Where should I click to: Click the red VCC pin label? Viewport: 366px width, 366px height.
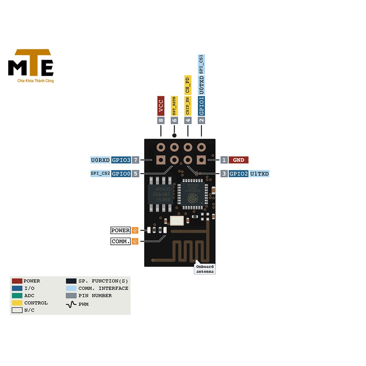(x=161, y=106)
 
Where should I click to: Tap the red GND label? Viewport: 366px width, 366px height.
(x=238, y=160)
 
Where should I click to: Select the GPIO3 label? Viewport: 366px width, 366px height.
(x=121, y=160)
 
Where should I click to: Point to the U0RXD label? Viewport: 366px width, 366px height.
(x=100, y=160)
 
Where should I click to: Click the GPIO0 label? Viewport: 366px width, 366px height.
(x=121, y=174)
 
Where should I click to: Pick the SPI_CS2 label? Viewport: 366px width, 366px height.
(x=100, y=174)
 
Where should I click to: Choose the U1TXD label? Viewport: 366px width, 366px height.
(x=259, y=174)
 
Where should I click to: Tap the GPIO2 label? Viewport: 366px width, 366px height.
(x=238, y=174)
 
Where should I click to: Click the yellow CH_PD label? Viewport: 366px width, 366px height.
(x=188, y=85)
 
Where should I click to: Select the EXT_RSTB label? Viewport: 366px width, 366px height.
(x=174, y=106)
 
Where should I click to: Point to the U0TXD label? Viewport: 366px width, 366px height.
(x=202, y=85)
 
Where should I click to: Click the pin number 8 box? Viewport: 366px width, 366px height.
(x=161, y=120)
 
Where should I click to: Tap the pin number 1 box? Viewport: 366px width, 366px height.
(x=224, y=160)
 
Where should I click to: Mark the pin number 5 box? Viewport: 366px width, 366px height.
(x=135, y=174)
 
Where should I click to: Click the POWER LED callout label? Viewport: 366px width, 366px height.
(x=120, y=231)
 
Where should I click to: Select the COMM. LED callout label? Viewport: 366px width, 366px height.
(x=120, y=242)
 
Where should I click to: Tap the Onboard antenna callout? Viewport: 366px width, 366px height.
(x=205, y=269)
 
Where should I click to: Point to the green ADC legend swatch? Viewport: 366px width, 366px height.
(x=17, y=296)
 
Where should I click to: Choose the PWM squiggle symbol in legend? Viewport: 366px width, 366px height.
(x=71, y=304)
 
